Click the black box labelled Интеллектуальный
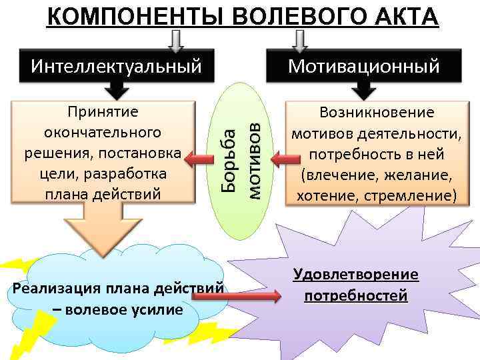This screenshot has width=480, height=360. tap(117, 66)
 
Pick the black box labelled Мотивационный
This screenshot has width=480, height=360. tap(373, 66)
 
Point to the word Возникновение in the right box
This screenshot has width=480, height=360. tap(377, 113)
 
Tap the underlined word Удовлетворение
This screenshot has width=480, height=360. tap(355, 274)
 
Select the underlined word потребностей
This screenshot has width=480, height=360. tap(355, 295)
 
